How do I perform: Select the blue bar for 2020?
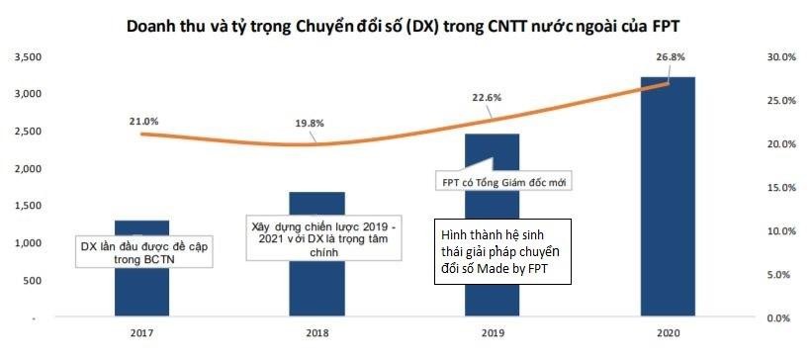(668, 198)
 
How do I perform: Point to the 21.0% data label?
(143, 121)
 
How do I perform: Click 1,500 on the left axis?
(27, 207)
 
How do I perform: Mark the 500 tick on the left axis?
(33, 281)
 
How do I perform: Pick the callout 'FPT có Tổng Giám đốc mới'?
(503, 182)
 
